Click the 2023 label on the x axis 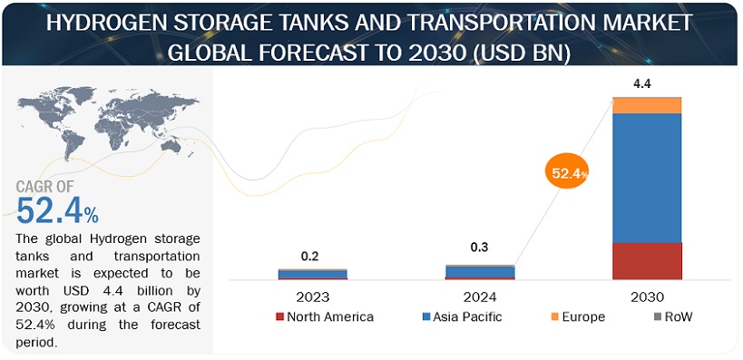click(x=312, y=297)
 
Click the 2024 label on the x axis click(x=480, y=297)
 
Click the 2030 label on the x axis click(x=647, y=297)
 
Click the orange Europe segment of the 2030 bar click(x=647, y=105)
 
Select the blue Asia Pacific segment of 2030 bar click(x=647, y=178)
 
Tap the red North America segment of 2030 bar click(x=647, y=261)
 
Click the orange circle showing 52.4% click(x=566, y=172)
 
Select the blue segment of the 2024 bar click(x=480, y=271)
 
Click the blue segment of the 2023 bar click(x=312, y=273)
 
